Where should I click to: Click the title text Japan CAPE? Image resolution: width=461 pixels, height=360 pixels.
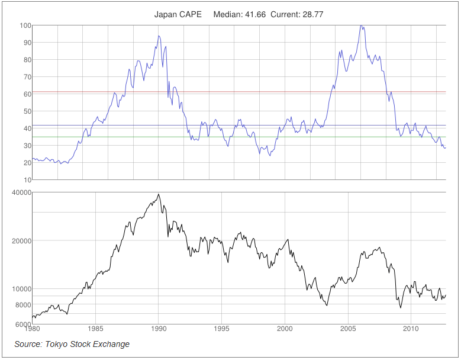(x=178, y=14)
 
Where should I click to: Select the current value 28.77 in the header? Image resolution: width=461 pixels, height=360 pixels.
(x=312, y=14)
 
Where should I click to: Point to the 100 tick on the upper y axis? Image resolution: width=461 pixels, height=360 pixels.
(x=25, y=25)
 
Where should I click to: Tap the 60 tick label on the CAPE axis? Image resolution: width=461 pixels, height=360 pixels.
(x=27, y=94)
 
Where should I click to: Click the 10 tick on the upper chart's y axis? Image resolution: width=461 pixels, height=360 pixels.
(x=27, y=180)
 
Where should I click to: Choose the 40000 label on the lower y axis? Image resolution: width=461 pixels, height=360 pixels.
(x=21, y=193)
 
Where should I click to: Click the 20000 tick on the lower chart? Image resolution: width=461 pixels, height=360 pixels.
(x=21, y=241)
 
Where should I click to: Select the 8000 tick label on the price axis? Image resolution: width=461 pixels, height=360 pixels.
(x=22, y=305)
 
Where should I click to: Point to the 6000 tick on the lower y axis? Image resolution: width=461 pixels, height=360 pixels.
(x=22, y=324)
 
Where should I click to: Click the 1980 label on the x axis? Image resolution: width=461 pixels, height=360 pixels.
(x=33, y=329)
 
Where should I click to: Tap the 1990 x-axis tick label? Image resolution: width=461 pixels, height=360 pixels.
(x=159, y=329)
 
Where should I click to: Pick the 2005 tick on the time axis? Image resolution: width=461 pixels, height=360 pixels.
(x=347, y=329)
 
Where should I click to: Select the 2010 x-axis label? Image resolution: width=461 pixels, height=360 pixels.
(x=411, y=329)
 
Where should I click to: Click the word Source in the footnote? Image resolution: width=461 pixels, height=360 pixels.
(x=28, y=344)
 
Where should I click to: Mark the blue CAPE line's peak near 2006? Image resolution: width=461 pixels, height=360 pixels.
(x=360, y=25)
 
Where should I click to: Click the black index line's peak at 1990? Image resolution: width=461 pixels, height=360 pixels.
(x=158, y=194)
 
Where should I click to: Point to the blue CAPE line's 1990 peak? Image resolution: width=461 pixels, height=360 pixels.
(x=159, y=36)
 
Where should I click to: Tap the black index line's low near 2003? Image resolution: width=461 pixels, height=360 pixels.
(x=326, y=305)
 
